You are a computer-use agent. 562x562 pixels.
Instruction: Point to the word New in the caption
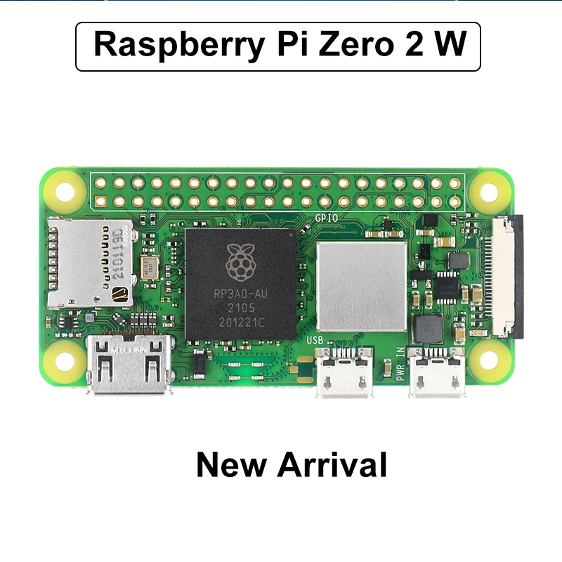click(x=231, y=465)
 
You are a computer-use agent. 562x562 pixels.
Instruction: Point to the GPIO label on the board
click(x=327, y=218)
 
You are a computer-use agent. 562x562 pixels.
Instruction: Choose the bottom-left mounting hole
click(x=64, y=361)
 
